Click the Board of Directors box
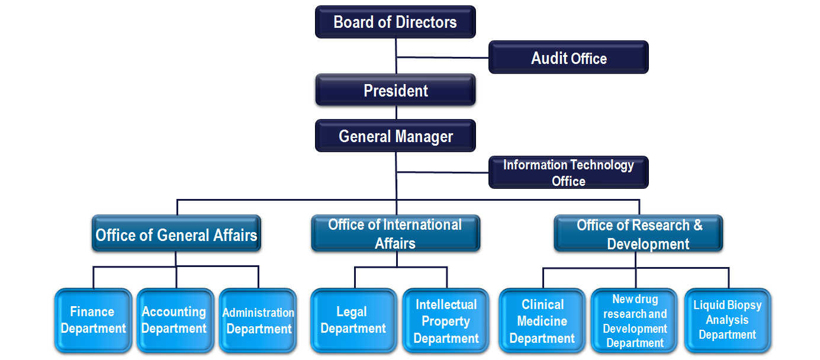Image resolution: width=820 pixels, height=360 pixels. click(395, 22)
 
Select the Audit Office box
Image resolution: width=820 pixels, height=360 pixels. click(568, 57)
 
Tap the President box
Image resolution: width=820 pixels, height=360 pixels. click(395, 90)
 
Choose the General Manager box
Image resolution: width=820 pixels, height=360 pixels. click(395, 136)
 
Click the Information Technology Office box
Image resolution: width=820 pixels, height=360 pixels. click(568, 172)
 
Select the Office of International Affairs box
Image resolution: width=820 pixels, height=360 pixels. click(395, 233)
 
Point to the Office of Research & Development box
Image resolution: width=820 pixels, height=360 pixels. click(638, 233)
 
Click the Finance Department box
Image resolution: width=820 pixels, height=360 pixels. click(93, 320)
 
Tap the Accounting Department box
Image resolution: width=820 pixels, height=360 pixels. click(175, 320)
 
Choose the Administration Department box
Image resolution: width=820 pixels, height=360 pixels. click(258, 320)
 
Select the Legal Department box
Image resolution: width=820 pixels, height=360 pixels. click(353, 320)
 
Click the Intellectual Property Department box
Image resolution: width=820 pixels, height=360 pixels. click(446, 320)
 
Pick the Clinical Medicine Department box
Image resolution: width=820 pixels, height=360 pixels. click(542, 320)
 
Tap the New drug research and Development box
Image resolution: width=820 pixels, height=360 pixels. click(635, 320)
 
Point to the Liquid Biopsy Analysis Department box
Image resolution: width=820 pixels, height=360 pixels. click(728, 320)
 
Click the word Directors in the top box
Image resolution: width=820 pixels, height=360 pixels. click(426, 22)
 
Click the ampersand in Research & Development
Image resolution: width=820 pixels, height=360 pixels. click(697, 226)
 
